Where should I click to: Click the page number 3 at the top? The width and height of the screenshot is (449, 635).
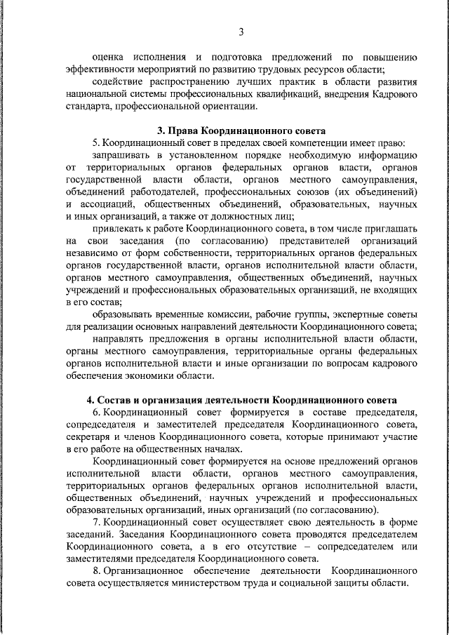coord(241,32)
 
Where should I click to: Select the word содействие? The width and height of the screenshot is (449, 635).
coord(117,81)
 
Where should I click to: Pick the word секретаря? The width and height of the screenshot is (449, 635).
coord(87,436)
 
